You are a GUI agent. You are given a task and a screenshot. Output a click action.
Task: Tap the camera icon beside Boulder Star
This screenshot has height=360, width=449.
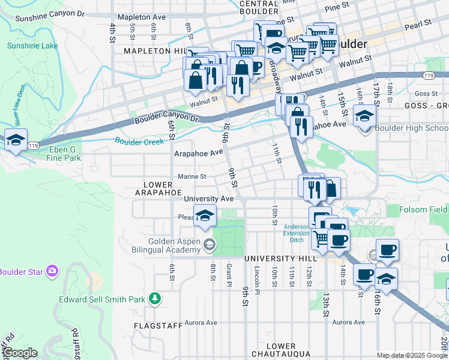[x=52, y=271]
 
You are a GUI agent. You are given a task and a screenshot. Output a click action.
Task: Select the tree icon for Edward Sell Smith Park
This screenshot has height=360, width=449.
[x=155, y=298]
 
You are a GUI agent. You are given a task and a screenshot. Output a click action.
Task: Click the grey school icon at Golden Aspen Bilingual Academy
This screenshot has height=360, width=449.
[x=209, y=244]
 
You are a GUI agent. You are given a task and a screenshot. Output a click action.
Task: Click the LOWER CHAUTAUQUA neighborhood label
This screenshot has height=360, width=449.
[x=281, y=350]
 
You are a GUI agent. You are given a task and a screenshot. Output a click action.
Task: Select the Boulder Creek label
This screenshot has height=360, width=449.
[x=139, y=141]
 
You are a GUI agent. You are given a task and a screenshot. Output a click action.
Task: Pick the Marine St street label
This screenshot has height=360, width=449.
[x=192, y=176]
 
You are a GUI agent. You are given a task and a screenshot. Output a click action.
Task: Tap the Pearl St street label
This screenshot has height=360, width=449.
[x=418, y=23]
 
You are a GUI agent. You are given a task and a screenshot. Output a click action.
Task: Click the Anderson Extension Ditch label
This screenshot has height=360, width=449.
[x=297, y=233]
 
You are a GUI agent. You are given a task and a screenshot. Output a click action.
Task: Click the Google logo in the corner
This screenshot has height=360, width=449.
[x=19, y=353]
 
